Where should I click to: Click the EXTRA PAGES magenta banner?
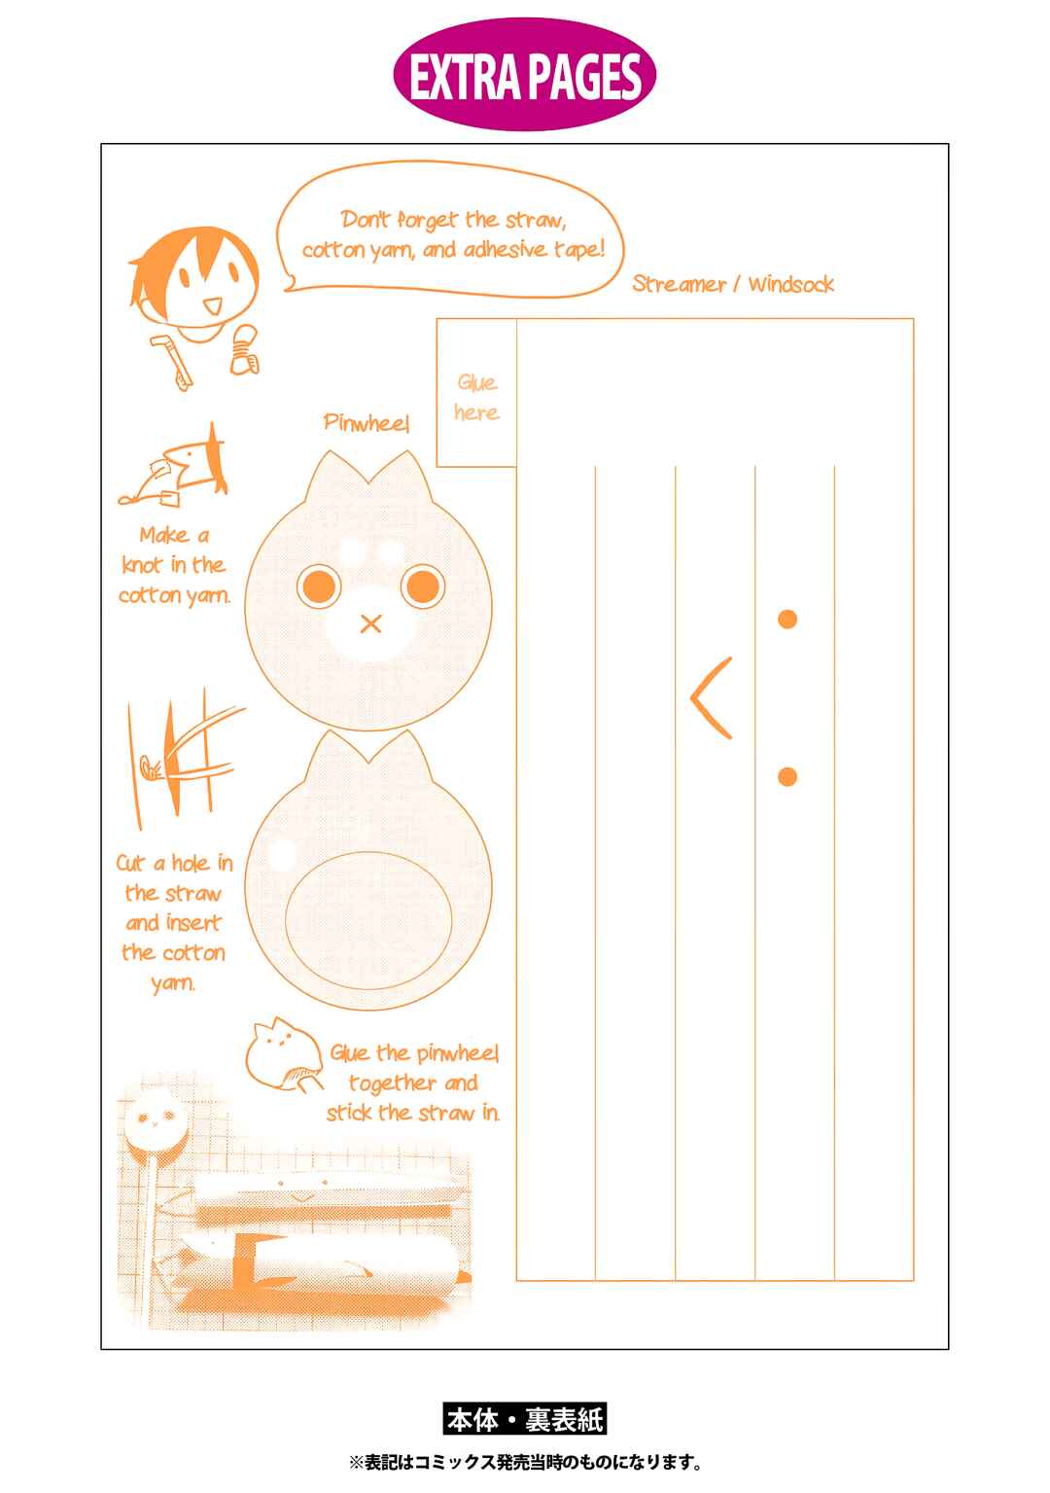524,75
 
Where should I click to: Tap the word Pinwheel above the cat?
366,422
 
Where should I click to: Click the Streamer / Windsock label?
733,285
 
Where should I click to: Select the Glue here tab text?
476,398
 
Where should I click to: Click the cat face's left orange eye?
319,587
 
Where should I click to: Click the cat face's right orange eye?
422,587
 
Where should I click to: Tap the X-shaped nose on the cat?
370,623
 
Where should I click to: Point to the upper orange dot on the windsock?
787,620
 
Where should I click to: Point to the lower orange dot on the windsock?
787,776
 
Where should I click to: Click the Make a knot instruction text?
174,565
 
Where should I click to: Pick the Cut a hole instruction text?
174,922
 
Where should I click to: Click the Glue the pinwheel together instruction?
413,1084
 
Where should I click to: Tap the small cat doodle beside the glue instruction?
283,1054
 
